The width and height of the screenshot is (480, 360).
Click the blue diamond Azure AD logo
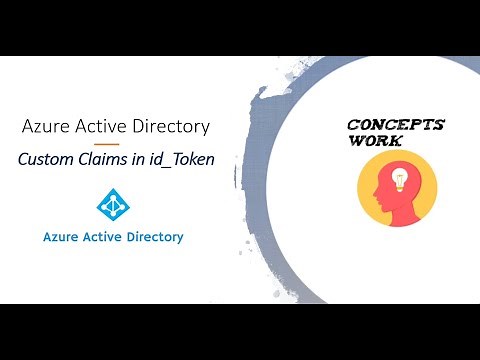112,204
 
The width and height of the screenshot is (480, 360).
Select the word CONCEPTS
394,125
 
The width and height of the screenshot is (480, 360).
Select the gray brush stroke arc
262,180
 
